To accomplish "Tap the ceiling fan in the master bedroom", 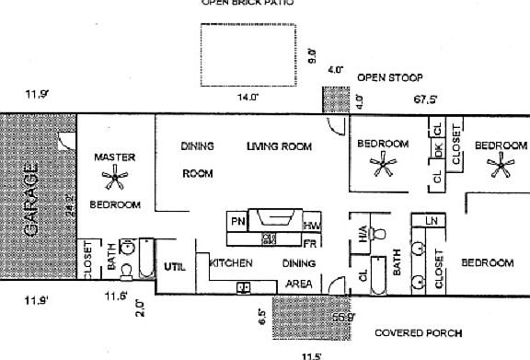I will click(x=115, y=179).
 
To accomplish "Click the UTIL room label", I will click(x=175, y=267).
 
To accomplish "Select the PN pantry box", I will click(x=237, y=222).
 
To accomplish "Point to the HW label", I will click(x=312, y=226).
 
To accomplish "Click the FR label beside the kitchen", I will click(x=311, y=243).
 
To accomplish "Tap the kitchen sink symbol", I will click(x=245, y=287).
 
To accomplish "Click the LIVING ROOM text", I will click(x=279, y=146).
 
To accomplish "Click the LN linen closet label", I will click(x=431, y=221).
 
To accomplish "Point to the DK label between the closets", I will click(x=439, y=150).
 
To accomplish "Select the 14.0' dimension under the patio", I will click(x=248, y=97).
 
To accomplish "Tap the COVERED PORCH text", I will click(x=419, y=332).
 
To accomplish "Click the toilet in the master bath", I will click(x=128, y=269).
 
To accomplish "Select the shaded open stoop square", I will click(x=333, y=99).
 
